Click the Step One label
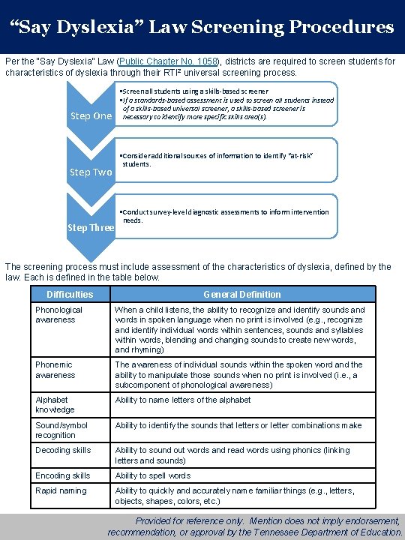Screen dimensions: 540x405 (x=91, y=115)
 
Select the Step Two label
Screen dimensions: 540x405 (x=91, y=172)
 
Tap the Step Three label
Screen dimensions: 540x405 (x=91, y=227)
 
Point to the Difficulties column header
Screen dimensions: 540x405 (x=70, y=295)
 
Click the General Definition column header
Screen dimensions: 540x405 (x=241, y=295)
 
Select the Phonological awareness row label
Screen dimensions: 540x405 (x=59, y=315)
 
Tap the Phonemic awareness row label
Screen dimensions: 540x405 (x=55, y=370)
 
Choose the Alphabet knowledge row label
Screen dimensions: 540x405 (x=55, y=405)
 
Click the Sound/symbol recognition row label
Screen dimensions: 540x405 (x=61, y=430)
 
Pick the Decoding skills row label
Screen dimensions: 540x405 (x=63, y=450)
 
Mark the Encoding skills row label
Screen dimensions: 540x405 (x=63, y=475)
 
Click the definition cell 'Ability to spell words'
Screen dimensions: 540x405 (x=153, y=475)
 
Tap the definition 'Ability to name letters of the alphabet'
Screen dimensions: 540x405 (x=183, y=400)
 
